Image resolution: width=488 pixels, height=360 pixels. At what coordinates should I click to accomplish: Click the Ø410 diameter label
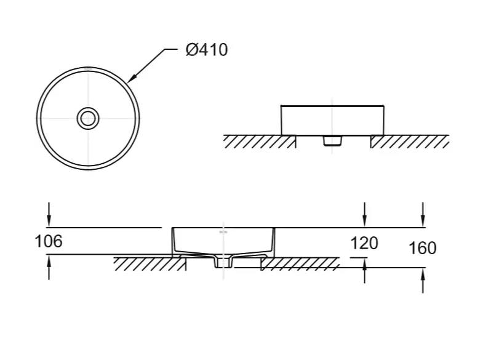(x=207, y=50)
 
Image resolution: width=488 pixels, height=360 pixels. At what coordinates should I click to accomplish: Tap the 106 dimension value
(x=49, y=241)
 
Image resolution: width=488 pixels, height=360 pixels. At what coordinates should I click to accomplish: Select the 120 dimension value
(x=364, y=243)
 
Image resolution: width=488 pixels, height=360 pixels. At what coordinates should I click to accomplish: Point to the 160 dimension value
(x=422, y=248)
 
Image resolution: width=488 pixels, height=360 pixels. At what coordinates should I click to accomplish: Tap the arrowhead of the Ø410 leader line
(x=130, y=79)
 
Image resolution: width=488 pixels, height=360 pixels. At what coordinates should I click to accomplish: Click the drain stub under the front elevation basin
(x=332, y=141)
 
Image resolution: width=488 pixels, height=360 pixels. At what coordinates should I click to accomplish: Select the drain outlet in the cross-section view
(x=223, y=262)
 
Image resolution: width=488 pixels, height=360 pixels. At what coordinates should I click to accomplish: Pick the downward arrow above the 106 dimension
(x=49, y=214)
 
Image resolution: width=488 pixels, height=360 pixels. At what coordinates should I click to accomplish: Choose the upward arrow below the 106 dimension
(x=49, y=267)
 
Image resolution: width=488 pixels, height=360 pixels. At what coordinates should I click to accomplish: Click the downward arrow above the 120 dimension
(x=364, y=214)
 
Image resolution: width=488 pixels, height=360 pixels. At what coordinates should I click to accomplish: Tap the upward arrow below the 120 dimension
(x=364, y=271)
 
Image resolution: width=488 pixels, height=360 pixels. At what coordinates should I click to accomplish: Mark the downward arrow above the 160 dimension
(x=423, y=214)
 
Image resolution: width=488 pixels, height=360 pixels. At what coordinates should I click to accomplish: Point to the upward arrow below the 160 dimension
(x=423, y=281)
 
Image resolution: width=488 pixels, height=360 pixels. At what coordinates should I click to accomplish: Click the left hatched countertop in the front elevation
(x=260, y=142)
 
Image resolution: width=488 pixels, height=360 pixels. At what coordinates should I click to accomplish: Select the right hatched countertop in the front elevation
(x=410, y=142)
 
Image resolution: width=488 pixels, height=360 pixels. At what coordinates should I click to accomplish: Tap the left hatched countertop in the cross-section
(x=150, y=264)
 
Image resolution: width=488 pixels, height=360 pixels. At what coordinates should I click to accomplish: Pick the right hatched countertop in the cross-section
(x=300, y=264)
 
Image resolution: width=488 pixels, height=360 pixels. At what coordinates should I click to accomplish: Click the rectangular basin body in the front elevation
(x=332, y=121)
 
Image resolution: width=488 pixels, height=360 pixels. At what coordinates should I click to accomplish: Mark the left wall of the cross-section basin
(x=174, y=241)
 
